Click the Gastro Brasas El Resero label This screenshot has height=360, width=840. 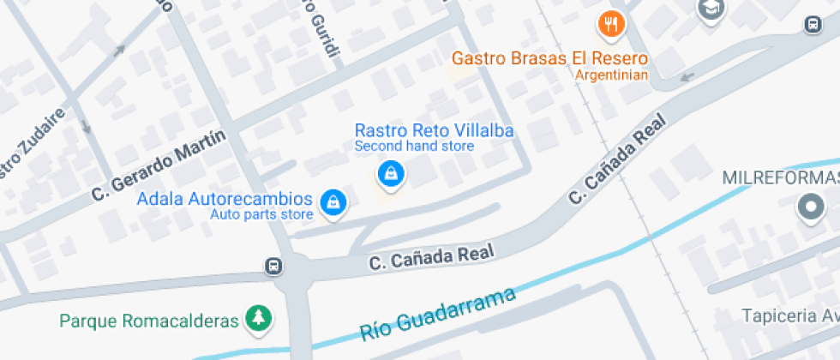click(x=549, y=58)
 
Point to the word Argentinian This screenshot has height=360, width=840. click(x=611, y=75)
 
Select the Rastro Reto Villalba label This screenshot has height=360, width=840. click(x=434, y=131)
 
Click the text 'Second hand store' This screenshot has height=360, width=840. click(x=414, y=146)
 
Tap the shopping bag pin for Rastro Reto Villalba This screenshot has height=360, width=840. click(x=392, y=174)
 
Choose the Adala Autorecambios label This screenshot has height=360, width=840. click(x=225, y=200)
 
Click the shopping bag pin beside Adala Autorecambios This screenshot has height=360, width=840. click(x=332, y=201)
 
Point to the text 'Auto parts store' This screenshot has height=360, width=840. click(x=261, y=214)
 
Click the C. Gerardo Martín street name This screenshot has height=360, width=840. click(x=160, y=165)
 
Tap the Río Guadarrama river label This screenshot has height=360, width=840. click(x=438, y=315)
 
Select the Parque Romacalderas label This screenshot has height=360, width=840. click(x=148, y=321)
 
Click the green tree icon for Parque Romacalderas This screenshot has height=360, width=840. click(x=258, y=319)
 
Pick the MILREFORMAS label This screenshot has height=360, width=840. click(x=780, y=178)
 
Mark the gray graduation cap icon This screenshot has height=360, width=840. click(x=711, y=9)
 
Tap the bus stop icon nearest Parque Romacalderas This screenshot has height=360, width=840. click(x=273, y=266)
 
